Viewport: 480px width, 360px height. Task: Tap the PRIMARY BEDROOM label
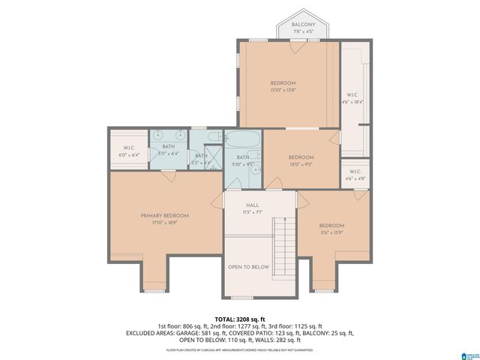(165, 216)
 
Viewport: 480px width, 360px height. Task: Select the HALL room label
(253, 205)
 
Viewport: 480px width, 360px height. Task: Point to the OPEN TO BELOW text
(248, 267)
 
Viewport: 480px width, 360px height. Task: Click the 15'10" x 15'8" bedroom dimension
(283, 90)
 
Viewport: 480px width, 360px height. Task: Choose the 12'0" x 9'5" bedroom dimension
(301, 163)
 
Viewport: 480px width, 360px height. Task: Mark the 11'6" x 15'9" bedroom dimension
(331, 232)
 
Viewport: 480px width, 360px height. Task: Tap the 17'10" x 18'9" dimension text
(165, 222)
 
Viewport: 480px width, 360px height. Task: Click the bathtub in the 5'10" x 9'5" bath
(242, 142)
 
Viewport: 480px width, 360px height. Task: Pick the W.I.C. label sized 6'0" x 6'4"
(129, 149)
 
